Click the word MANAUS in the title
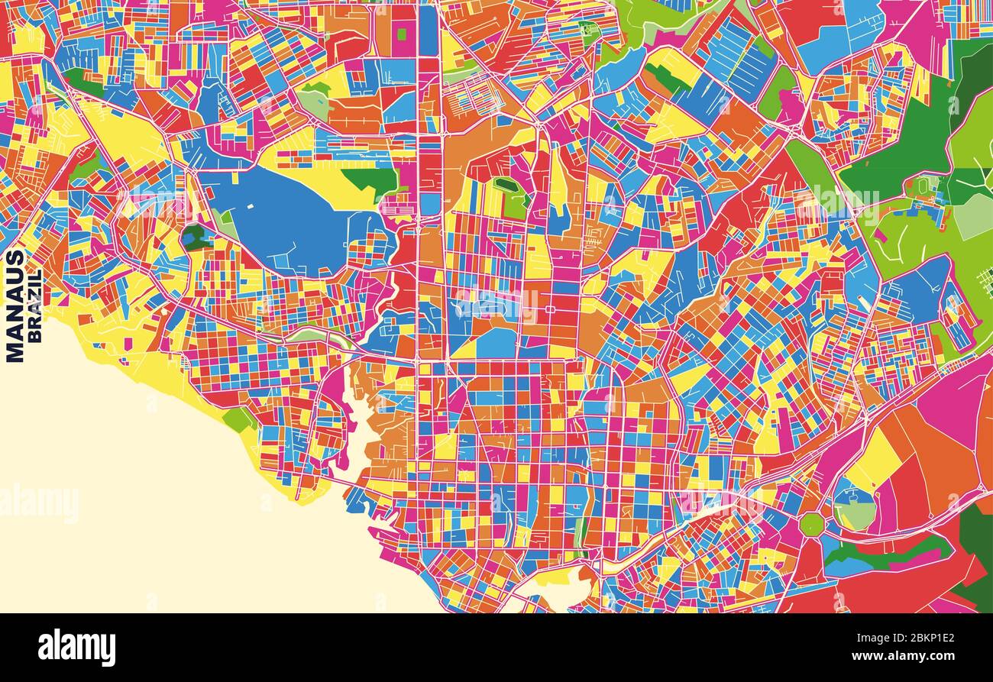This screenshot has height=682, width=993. point(15,305)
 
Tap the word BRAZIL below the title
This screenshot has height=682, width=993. point(34,305)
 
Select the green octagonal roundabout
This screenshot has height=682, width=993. point(811,525)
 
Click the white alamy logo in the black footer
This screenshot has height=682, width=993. point(77,647)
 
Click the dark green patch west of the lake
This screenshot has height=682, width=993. point(194,238)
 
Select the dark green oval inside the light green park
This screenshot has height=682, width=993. point(505,184)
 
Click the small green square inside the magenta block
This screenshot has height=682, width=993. point(402,34)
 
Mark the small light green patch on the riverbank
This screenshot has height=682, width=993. point(239,419)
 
